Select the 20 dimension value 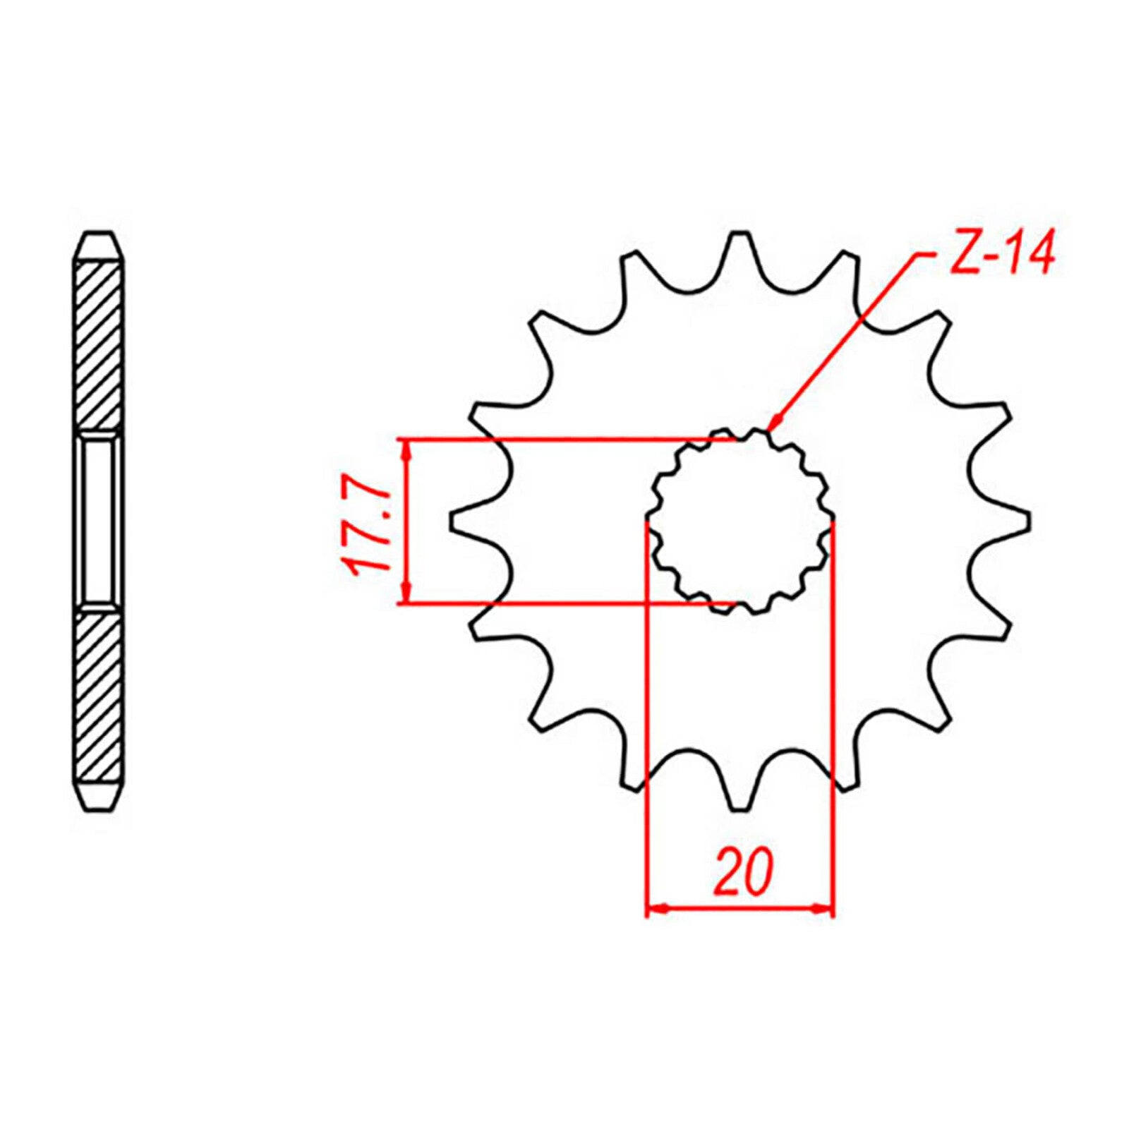(x=742, y=873)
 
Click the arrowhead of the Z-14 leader (x=772, y=425)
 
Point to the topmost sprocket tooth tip (x=739, y=234)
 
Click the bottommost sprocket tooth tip (x=739, y=809)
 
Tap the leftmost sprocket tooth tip (x=452, y=521)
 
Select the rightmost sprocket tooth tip (x=1028, y=521)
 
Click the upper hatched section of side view (x=99, y=346)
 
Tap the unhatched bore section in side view (x=99, y=521)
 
